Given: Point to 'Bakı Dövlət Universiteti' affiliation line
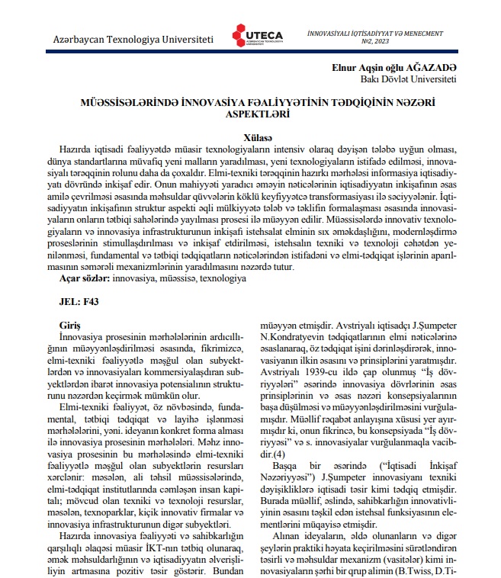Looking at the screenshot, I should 408,79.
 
